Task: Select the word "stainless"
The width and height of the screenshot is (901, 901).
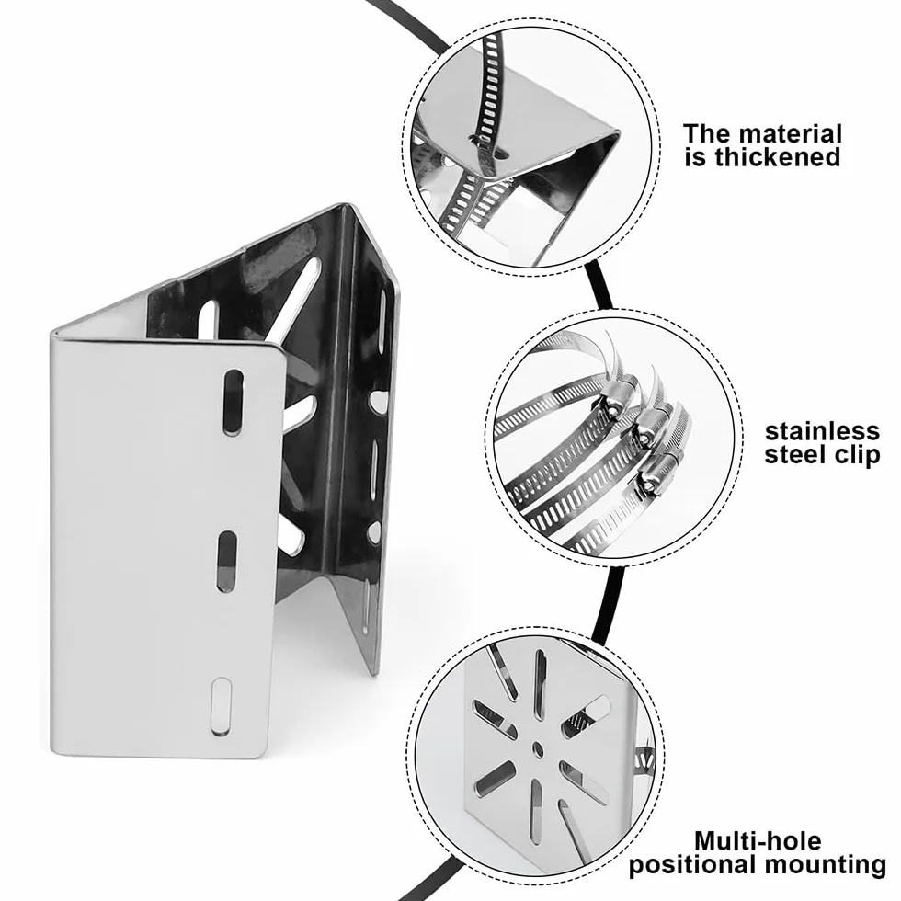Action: (822, 431)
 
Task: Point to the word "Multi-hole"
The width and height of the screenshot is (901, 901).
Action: (758, 841)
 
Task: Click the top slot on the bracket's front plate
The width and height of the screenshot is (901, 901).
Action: (233, 403)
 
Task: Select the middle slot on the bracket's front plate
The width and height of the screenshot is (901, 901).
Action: (227, 562)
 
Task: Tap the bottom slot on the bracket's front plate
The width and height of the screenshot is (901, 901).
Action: (222, 707)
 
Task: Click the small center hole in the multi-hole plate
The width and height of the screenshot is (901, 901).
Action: (538, 747)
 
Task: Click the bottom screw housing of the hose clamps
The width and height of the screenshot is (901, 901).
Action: (661, 471)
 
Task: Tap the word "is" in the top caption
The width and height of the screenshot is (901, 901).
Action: (696, 157)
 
